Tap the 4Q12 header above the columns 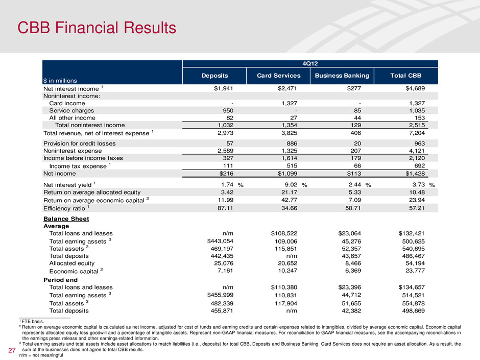coord(310,64)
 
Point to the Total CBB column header coord(406,76)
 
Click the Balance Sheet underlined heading coord(66,219)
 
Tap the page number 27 coord(11,350)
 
